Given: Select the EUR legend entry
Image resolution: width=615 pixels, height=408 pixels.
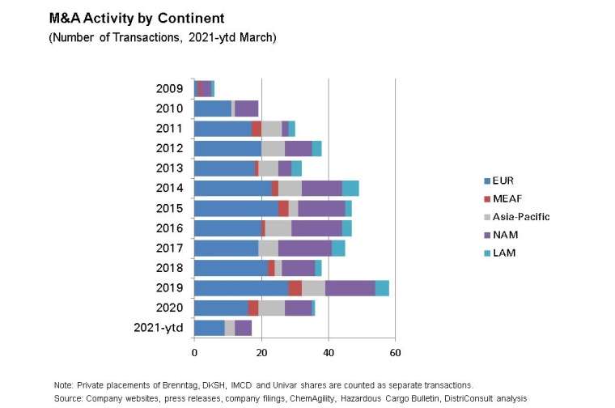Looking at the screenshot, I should click(503, 181).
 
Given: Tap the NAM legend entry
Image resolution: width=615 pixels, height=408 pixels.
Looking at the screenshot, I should click(504, 235).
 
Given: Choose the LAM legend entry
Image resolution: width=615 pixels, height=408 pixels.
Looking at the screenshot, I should click(503, 253).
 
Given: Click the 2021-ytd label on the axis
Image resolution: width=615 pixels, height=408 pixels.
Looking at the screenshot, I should click(159, 327).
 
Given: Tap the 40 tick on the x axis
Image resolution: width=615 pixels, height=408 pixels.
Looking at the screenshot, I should click(328, 353).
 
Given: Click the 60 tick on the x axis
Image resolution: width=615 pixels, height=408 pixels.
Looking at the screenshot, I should click(395, 353).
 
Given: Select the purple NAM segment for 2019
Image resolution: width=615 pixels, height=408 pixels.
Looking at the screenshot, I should click(350, 288).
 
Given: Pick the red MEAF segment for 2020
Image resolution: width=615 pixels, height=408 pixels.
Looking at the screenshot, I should click(253, 308).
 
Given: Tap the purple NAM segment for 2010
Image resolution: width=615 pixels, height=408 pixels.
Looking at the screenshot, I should click(246, 108).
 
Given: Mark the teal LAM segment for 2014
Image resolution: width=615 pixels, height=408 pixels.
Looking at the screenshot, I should click(350, 188).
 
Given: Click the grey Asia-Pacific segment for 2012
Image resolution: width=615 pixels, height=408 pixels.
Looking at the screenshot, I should click(273, 148).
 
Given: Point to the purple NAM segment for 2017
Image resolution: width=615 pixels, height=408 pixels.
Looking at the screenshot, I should click(305, 248).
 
